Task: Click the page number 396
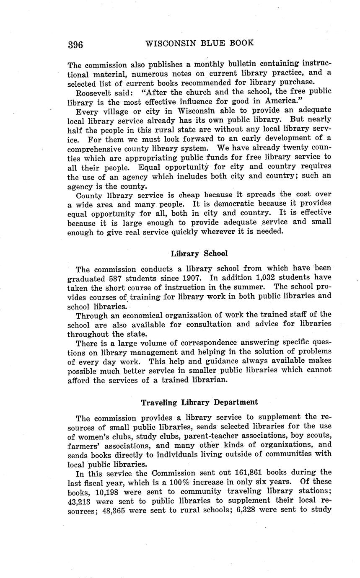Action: [x=75, y=45]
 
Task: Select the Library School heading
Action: [x=199, y=253]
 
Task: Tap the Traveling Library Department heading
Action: [x=199, y=402]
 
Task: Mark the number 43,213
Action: [x=79, y=501]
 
